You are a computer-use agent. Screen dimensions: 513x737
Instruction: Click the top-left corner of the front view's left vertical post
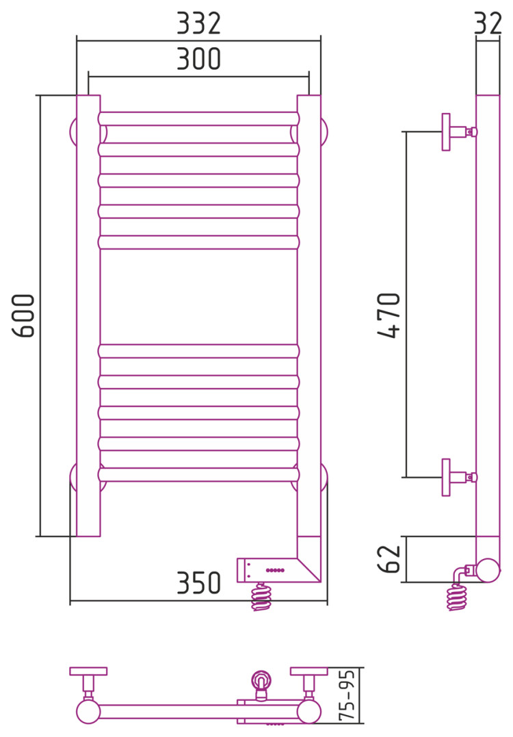77,95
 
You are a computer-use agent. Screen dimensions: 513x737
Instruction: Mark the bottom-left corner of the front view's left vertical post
77,536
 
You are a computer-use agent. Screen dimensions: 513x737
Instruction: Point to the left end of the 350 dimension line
70,601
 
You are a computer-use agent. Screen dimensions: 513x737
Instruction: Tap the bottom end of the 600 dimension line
41,536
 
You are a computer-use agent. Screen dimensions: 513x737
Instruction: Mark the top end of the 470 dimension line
406,132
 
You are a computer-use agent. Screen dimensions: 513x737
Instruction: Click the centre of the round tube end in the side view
488,570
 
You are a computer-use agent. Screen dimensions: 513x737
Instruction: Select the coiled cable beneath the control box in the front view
261,597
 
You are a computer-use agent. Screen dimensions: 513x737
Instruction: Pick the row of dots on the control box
275,570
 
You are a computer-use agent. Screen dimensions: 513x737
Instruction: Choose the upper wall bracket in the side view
459,132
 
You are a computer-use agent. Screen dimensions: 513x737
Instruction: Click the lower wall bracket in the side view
459,478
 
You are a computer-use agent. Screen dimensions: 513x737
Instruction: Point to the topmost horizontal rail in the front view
199,118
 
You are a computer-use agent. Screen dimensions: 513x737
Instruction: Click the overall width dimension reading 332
198,23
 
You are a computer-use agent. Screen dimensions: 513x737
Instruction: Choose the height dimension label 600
23,315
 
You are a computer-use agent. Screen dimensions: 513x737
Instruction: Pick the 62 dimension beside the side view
389,559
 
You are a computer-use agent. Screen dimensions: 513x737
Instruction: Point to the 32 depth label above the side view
488,23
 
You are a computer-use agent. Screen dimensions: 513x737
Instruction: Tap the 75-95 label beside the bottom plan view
347,695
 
